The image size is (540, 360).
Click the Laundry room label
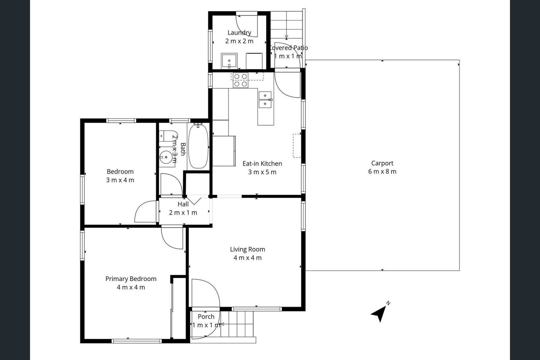pyautogui.click(x=239, y=32)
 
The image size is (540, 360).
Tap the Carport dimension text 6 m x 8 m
pyautogui.click(x=382, y=172)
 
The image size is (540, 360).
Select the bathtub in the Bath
pyautogui.click(x=198, y=146)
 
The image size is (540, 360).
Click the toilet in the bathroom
pyautogui.click(x=168, y=136)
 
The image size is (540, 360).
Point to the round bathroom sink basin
pyautogui.click(x=166, y=157)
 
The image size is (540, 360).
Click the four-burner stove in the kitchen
pyautogui.click(x=240, y=80)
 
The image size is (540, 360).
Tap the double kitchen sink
pyautogui.click(x=265, y=100)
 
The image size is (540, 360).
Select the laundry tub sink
pyautogui.click(x=229, y=61)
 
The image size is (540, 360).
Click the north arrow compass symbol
pyautogui.click(x=380, y=312)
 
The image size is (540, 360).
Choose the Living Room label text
pyautogui.click(x=247, y=249)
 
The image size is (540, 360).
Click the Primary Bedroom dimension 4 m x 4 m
pyautogui.click(x=131, y=287)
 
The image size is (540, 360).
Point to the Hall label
pyautogui.click(x=183, y=204)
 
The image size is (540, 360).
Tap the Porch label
pyautogui.click(x=206, y=316)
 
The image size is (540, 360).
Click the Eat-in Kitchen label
pyautogui.click(x=262, y=163)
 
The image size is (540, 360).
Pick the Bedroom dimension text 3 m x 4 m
pyautogui.click(x=120, y=180)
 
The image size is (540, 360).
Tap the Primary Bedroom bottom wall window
pyautogui.click(x=136, y=341)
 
